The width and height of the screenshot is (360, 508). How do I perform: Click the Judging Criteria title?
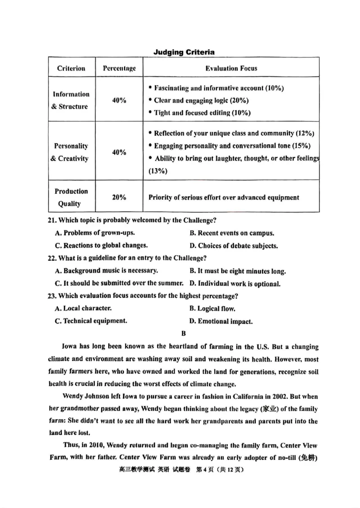pos(184,52)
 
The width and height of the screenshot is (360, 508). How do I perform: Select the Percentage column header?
pos(119,68)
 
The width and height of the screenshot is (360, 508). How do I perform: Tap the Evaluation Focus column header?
pos(231,68)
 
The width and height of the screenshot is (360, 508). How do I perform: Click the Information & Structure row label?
pos(71,101)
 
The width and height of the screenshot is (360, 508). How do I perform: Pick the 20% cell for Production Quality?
pos(119,197)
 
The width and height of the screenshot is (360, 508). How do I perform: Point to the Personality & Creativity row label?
pos(71,152)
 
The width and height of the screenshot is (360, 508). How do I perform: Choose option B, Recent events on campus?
pos(232,233)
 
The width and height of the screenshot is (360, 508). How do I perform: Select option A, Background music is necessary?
pos(106,271)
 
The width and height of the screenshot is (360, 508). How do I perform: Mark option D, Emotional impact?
pos(221,321)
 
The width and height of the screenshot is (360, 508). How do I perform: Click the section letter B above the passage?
pos(183,334)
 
